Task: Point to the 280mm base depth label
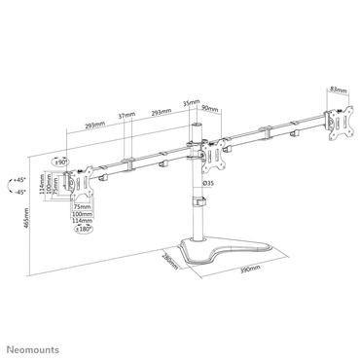[x=166, y=263]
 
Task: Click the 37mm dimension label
[x=125, y=115]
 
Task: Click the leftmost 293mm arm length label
[x=94, y=126]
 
